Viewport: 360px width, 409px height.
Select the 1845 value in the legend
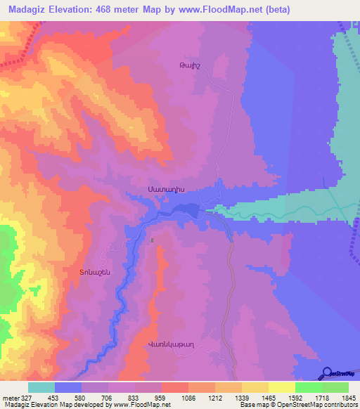point(347,398)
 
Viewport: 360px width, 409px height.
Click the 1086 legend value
point(188,398)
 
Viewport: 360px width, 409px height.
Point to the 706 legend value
point(108,398)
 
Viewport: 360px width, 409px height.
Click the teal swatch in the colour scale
point(41,387)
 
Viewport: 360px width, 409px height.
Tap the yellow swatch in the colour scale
point(281,387)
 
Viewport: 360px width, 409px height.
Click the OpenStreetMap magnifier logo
point(326,372)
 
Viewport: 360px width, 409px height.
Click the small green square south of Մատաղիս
point(153,240)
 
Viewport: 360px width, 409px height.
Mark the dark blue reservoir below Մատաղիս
point(185,210)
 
